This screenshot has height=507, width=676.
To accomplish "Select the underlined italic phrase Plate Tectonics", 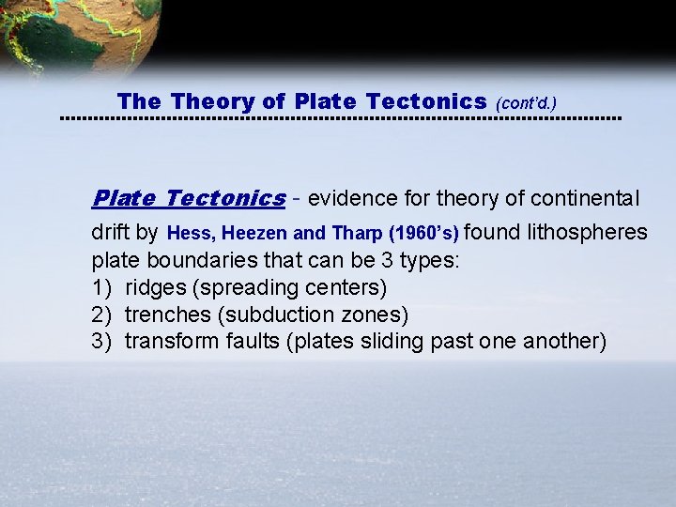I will [x=188, y=198].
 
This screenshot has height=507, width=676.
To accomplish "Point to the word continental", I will [x=585, y=198].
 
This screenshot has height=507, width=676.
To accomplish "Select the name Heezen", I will [x=248, y=233].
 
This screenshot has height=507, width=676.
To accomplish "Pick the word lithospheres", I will [x=588, y=232].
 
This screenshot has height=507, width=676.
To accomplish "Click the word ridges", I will [x=155, y=286].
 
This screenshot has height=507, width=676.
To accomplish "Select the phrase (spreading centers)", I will [x=289, y=286].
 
